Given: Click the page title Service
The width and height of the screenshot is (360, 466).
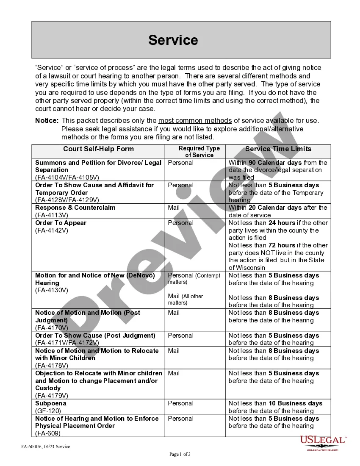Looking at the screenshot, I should tap(173, 40).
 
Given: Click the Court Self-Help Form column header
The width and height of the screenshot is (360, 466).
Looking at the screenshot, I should tap(98, 149).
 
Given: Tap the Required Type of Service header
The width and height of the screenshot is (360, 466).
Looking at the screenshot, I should tap(199, 152).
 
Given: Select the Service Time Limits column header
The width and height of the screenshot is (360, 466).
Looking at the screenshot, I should tap(278, 149).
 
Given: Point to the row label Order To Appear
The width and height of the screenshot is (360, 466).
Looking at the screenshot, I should tap(61, 223).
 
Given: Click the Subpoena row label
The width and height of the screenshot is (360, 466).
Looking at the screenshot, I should tap(51, 403).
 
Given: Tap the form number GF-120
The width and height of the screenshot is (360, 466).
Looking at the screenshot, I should tap(48, 411).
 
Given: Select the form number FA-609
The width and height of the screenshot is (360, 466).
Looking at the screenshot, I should tap(48, 433).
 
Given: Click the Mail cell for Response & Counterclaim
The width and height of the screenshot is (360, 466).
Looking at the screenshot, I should tap(174, 208).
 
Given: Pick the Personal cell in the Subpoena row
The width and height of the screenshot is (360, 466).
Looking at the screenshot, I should tap(180, 403).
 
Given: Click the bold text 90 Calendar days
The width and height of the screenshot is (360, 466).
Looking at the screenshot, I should tap(275, 163).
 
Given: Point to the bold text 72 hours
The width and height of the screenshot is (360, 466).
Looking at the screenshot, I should tap(282, 245).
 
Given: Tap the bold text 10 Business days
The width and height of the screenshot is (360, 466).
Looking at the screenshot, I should tap(295, 403).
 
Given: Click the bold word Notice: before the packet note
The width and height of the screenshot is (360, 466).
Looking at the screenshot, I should tap(47, 121).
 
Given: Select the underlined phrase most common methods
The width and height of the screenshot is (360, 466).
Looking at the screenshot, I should tap(195, 121).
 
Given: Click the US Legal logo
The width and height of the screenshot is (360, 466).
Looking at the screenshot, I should tap(324, 442).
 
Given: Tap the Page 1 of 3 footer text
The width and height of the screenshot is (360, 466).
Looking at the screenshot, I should tap(180, 455).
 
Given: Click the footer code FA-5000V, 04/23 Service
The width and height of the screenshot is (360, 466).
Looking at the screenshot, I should tap(45, 447).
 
